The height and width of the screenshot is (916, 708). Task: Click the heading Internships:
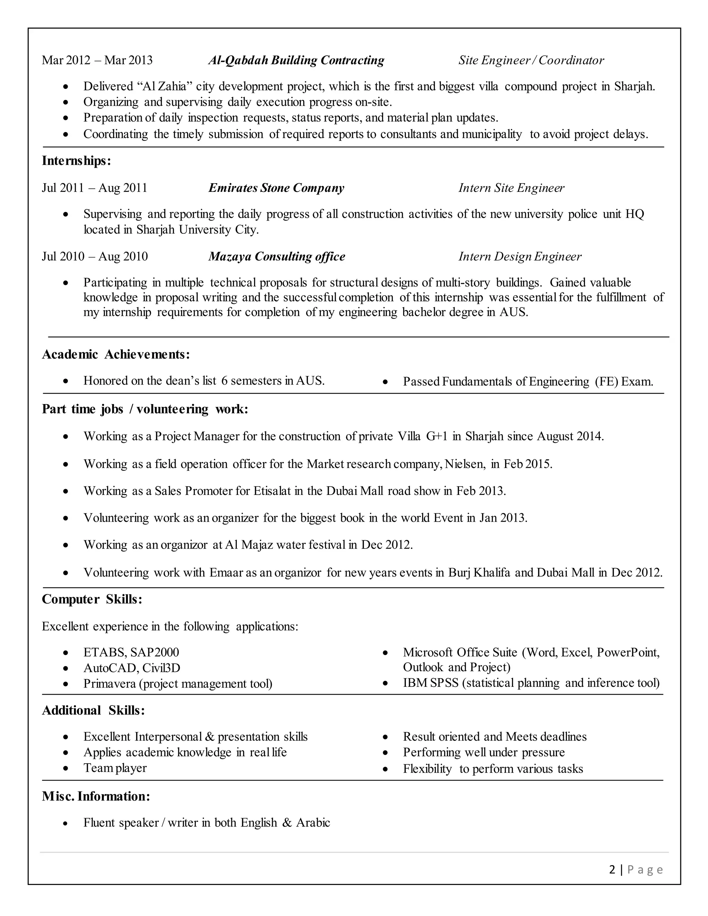pyautogui.click(x=76, y=161)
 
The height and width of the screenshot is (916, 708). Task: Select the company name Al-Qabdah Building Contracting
pyautogui.click(x=296, y=60)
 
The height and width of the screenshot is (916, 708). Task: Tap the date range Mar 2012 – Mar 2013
pyautogui.click(x=97, y=60)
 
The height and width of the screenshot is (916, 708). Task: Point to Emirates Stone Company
pyautogui.click(x=276, y=188)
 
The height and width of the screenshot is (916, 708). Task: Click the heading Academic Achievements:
pyautogui.click(x=116, y=355)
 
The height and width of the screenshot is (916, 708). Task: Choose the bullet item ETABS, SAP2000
pyautogui.click(x=131, y=652)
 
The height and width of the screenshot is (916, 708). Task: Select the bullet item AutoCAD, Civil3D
pyautogui.click(x=132, y=668)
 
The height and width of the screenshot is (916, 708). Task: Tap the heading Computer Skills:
pyautogui.click(x=92, y=599)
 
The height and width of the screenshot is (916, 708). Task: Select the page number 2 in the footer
pyautogui.click(x=612, y=870)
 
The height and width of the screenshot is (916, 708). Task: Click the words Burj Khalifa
pyautogui.click(x=479, y=572)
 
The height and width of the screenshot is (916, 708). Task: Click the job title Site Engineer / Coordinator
pyautogui.click(x=531, y=60)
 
